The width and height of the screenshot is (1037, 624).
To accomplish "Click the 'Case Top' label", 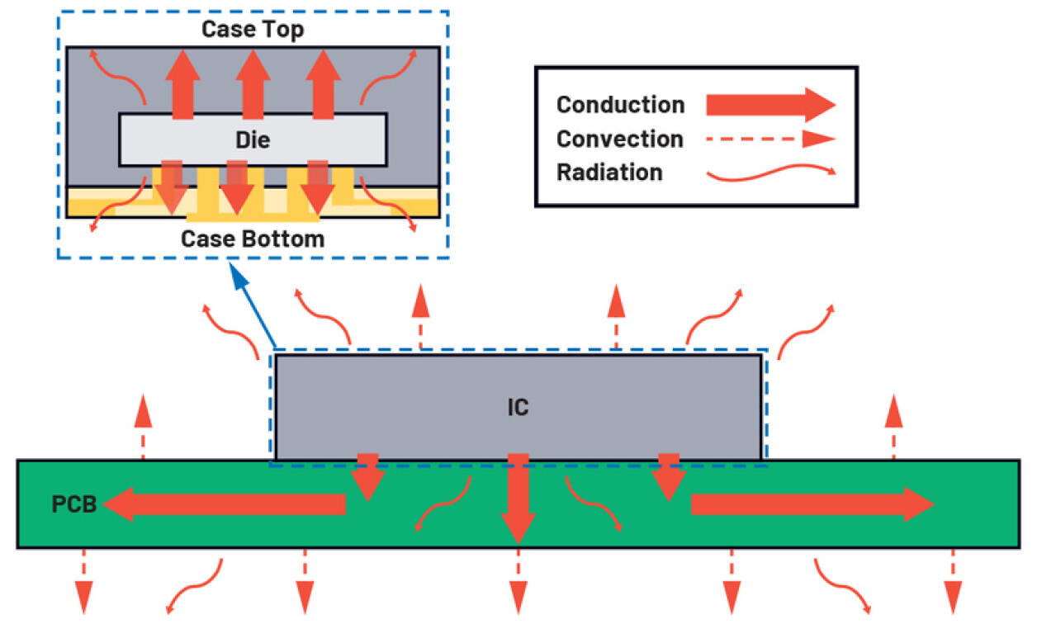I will pos(253,30).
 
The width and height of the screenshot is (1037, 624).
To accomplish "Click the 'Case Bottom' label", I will pos(253,239).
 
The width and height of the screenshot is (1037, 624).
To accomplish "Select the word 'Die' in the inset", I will pos(253,140).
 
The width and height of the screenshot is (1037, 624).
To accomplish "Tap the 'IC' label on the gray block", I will pos(518,407).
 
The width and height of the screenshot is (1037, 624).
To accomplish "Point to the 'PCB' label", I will pos(75,504).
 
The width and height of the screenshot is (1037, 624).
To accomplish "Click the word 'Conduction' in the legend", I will pos(620,106).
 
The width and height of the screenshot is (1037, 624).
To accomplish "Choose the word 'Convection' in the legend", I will pos(619,139).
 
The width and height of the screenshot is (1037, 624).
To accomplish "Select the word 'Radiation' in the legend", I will pos(609,173).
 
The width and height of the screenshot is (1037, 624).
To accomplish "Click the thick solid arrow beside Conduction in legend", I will pos(770,105).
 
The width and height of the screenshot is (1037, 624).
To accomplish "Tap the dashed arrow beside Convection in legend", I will pos(770,139).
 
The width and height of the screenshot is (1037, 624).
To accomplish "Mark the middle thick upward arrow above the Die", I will pos(253,83).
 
